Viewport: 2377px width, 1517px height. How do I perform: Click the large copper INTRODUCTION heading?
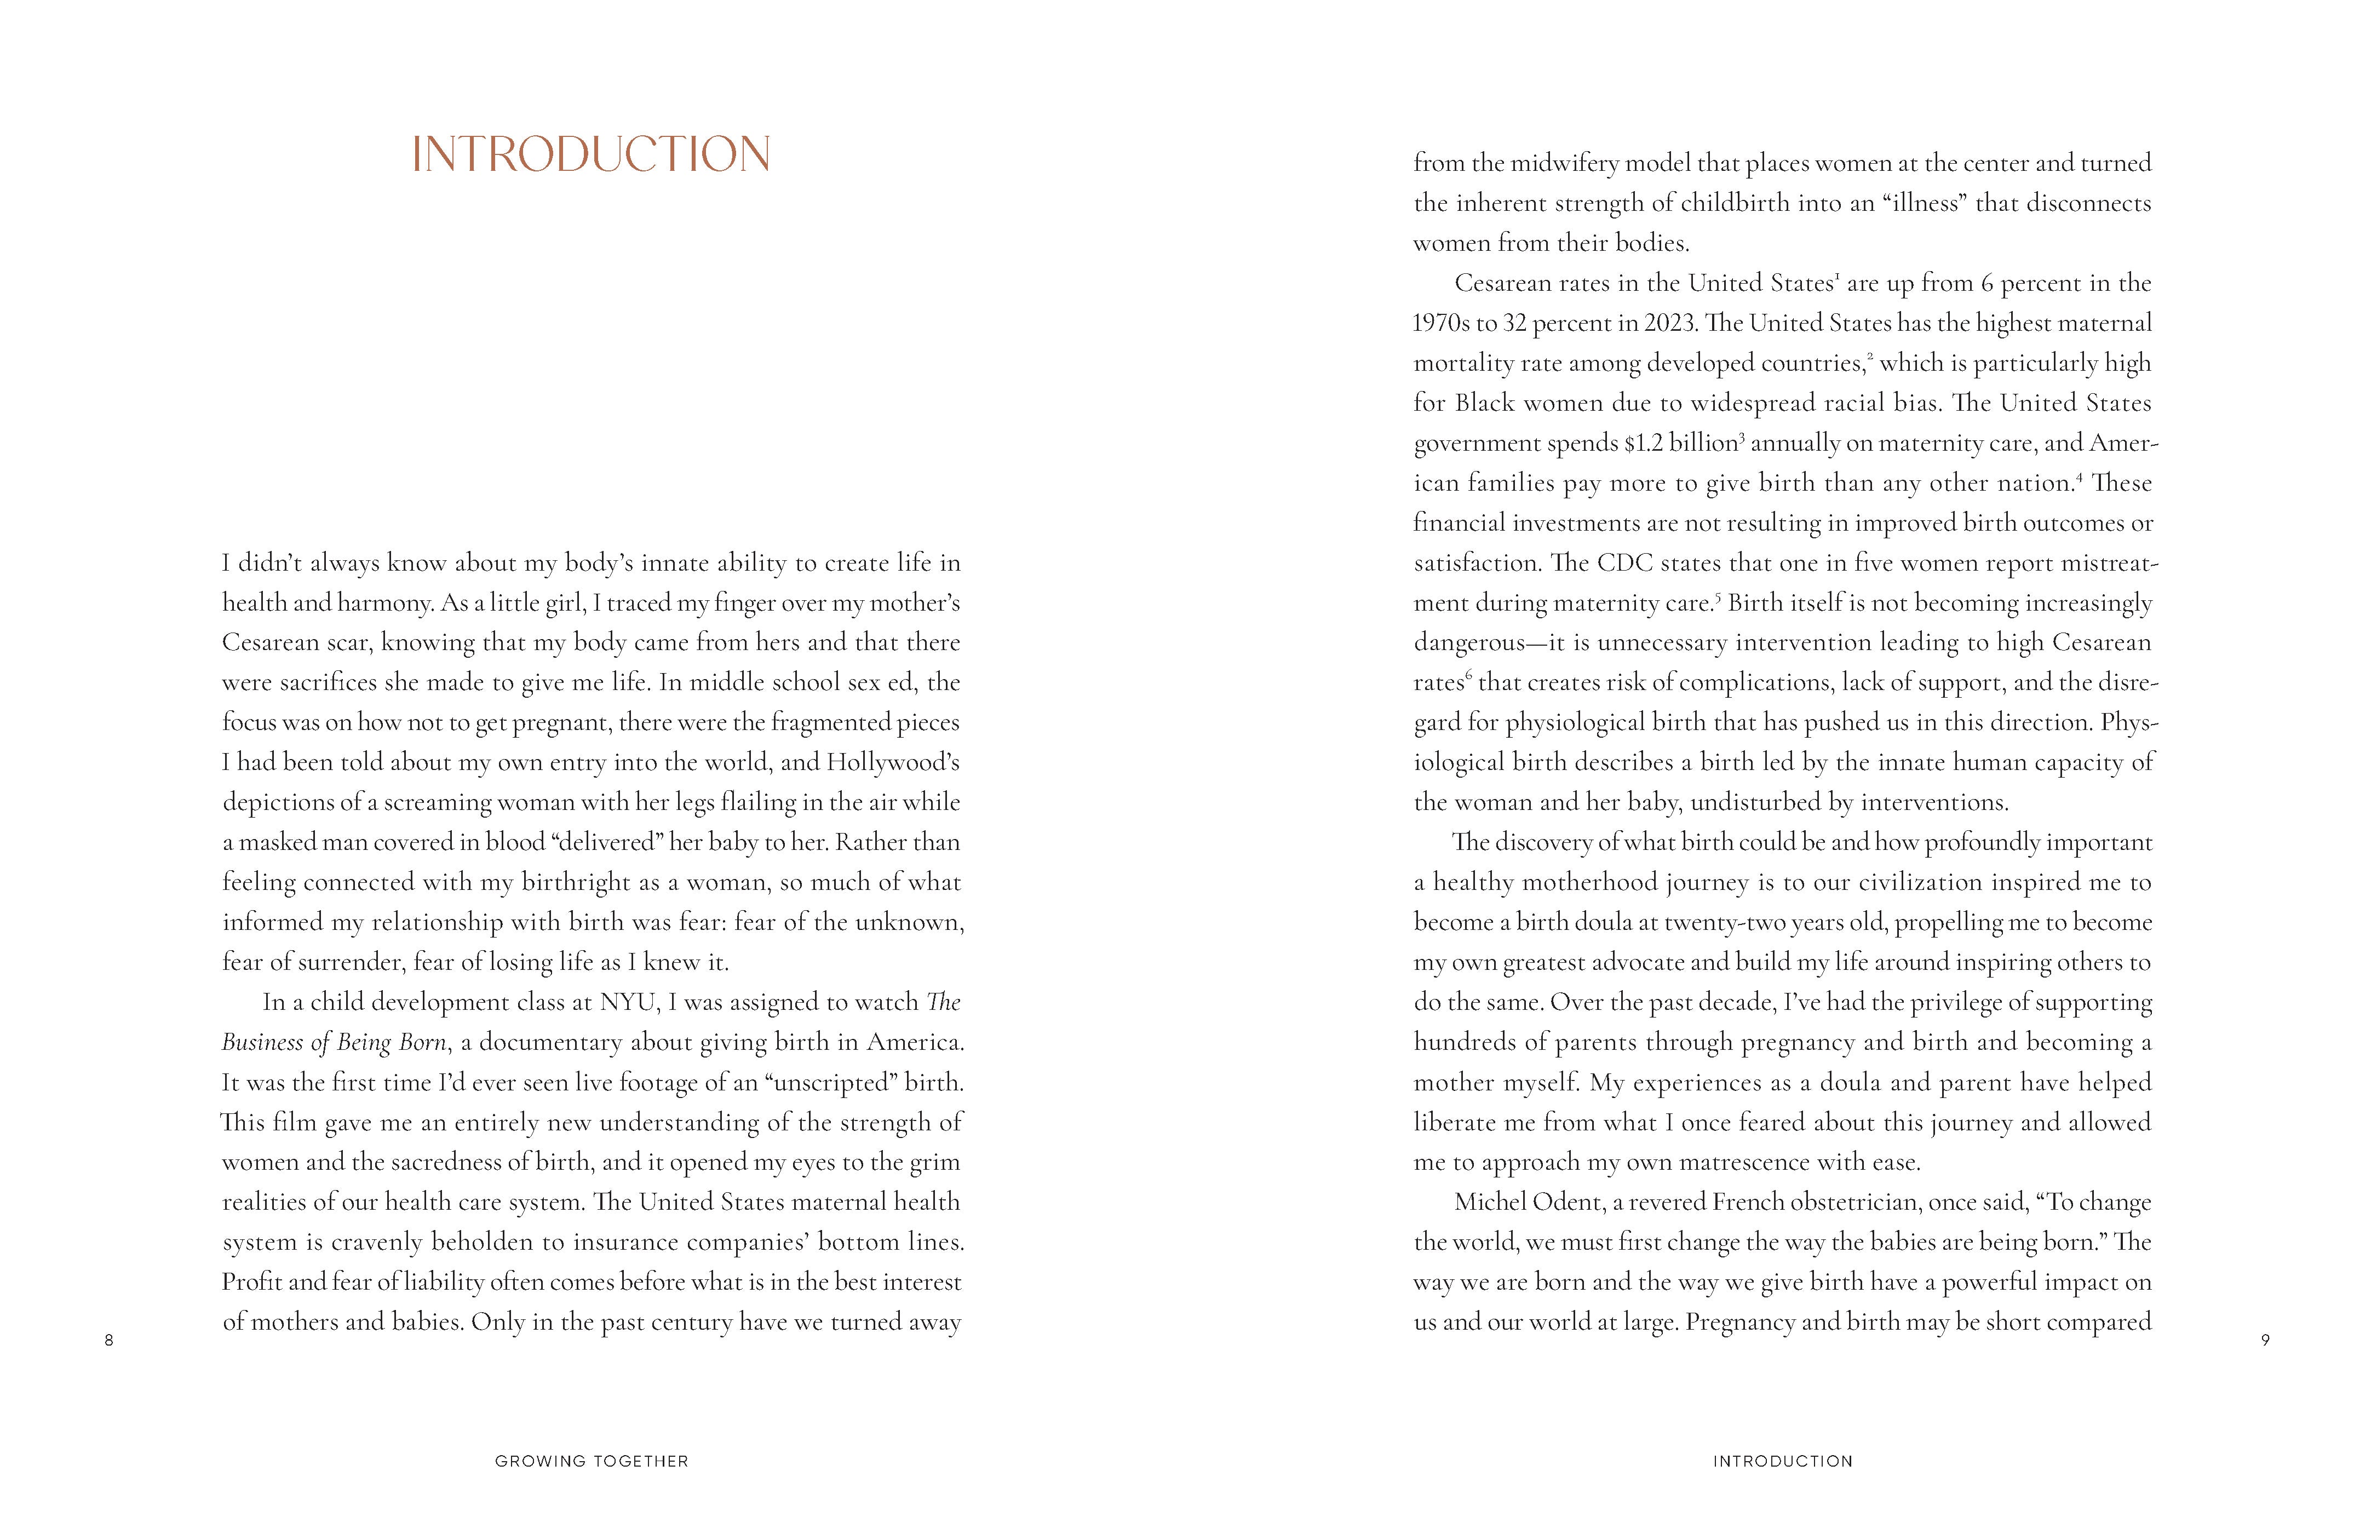590,155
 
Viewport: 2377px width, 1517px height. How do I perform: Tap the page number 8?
108,1340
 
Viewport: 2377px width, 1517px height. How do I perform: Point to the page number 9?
2265,1340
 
